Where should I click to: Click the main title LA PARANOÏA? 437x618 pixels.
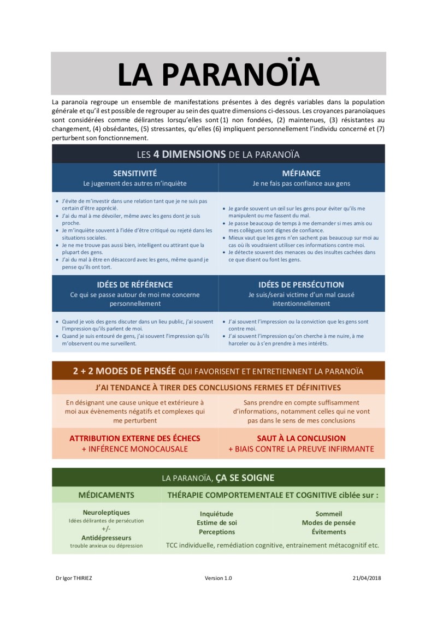[x=218, y=74]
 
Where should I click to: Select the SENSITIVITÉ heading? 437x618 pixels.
[x=135, y=173]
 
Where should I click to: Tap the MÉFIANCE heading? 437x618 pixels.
[x=302, y=173]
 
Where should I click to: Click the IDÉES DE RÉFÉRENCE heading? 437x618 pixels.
[x=135, y=284]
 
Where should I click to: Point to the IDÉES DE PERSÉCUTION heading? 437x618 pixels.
[x=302, y=284]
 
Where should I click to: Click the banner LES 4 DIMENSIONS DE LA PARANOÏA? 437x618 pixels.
[x=218, y=154]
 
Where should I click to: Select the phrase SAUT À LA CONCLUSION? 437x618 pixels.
[x=302, y=438]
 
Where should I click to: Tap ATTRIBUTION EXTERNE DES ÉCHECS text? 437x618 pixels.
[x=135, y=438]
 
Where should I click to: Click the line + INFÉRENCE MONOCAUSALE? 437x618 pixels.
[x=135, y=449]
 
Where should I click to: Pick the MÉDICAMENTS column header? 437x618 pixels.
[x=106, y=495]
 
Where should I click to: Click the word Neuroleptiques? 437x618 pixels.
[x=106, y=513]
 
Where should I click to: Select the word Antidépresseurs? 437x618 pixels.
[x=106, y=537]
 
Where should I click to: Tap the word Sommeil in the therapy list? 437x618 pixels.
[x=329, y=514]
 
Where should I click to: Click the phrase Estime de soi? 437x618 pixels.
[x=217, y=522]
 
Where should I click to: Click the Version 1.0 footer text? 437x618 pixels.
[x=218, y=578]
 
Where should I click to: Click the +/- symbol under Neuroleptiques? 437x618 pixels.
[x=106, y=529]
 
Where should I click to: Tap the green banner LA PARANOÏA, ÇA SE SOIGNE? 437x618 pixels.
[x=218, y=478]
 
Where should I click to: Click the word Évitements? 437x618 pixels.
[x=329, y=532]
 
